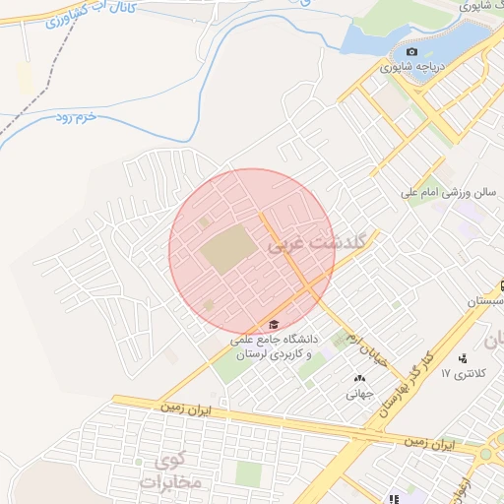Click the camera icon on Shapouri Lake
(411, 52)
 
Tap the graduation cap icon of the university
(273, 325)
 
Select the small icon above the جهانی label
(357, 379)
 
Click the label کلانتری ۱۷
(464, 374)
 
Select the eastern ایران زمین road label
(431, 445)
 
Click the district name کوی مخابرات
(178, 472)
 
